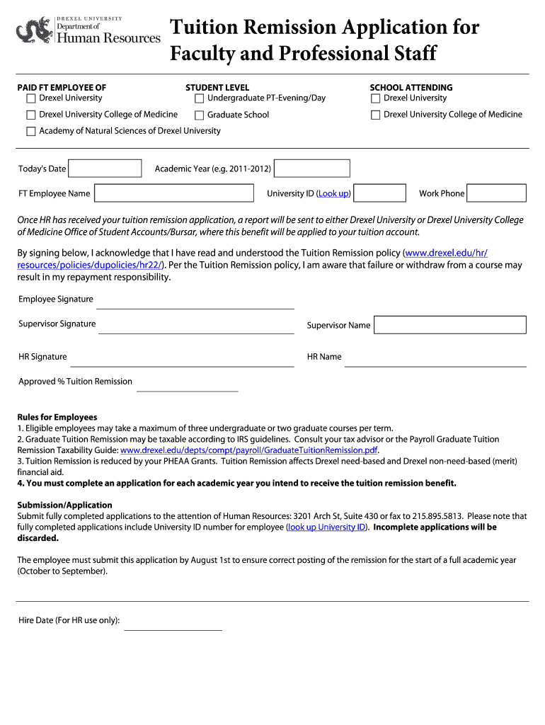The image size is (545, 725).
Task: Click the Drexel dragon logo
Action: point(33,30)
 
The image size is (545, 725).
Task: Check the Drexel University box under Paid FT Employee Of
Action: point(30,98)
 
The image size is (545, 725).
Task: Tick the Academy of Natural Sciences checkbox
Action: point(30,131)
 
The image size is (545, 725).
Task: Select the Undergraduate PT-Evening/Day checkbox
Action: point(199,98)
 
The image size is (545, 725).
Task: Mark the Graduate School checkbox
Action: point(199,115)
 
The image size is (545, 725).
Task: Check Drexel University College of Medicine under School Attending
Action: point(375,115)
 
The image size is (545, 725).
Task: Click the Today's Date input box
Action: point(105,169)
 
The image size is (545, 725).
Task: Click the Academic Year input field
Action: point(312,169)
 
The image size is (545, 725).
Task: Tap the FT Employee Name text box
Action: point(173,193)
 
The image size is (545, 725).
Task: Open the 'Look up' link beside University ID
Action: point(333,193)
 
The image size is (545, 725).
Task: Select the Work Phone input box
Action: point(496,193)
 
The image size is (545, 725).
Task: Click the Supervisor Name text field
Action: point(449,325)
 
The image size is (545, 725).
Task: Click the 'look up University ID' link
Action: point(326,527)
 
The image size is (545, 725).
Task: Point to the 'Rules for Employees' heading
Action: point(57,417)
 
